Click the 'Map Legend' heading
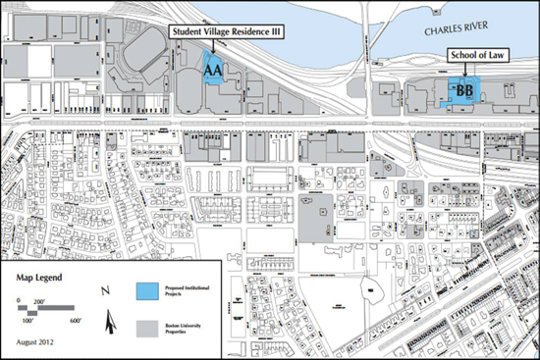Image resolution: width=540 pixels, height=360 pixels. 38,277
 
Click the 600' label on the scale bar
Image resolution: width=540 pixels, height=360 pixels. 75,320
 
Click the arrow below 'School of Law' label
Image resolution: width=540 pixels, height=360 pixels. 459,74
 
